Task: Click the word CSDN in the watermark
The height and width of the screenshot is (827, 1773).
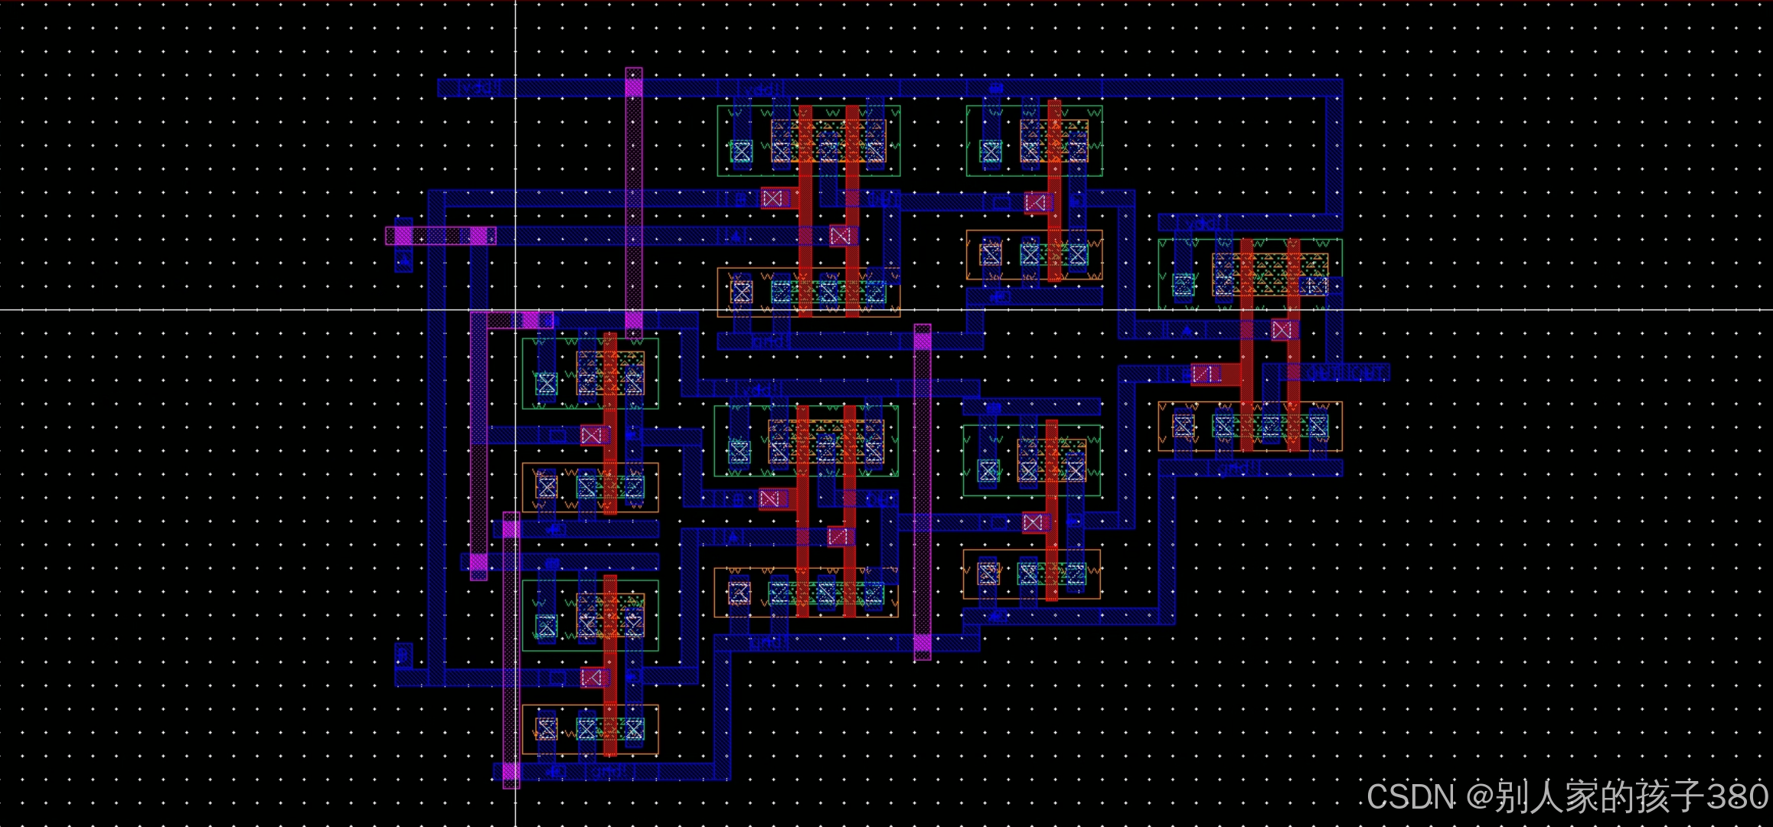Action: (1410, 797)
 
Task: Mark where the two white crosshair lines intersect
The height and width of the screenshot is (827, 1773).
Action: (515, 310)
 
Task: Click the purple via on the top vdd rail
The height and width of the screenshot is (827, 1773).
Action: (634, 87)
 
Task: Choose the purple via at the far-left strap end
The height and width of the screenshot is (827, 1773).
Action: (403, 235)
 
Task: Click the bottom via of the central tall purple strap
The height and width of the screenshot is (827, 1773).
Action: (922, 643)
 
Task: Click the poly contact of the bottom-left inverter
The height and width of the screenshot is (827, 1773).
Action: (591, 677)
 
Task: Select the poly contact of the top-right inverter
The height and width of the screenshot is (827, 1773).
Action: (1036, 202)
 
